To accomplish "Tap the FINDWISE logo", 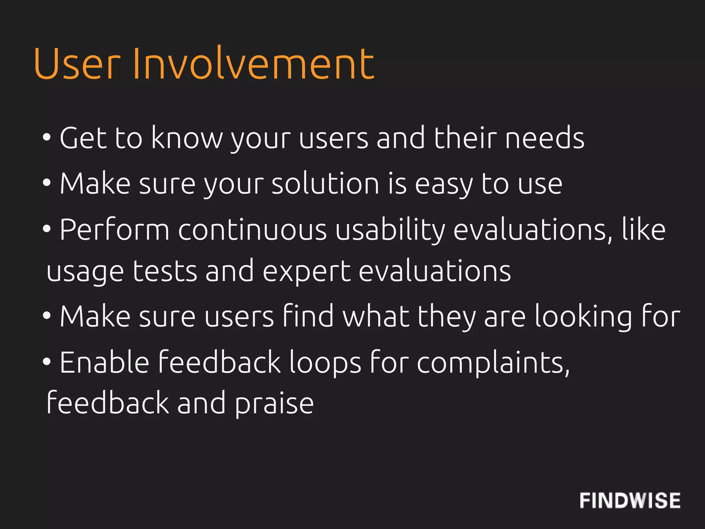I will click(x=630, y=500).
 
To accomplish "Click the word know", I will click(x=187, y=138).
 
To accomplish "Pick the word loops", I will click(x=325, y=363).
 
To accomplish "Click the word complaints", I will click(x=493, y=363).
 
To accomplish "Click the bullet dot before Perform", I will click(x=47, y=229).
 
